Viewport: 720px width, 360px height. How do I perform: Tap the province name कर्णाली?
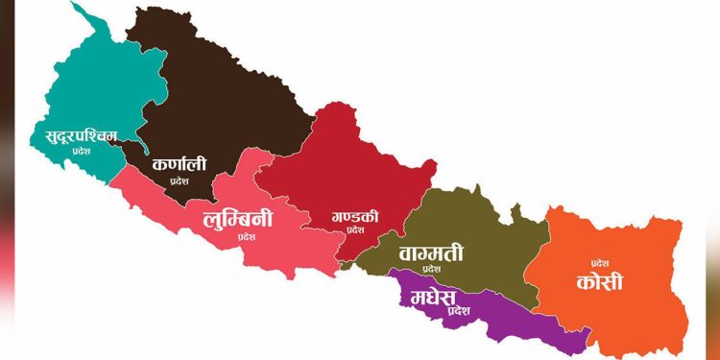point(179,164)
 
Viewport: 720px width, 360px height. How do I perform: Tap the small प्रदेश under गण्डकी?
point(356,230)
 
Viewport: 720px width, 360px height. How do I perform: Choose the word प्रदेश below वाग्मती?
point(430,270)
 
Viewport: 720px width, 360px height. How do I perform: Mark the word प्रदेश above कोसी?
point(600,262)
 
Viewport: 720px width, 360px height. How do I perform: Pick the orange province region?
point(634,307)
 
